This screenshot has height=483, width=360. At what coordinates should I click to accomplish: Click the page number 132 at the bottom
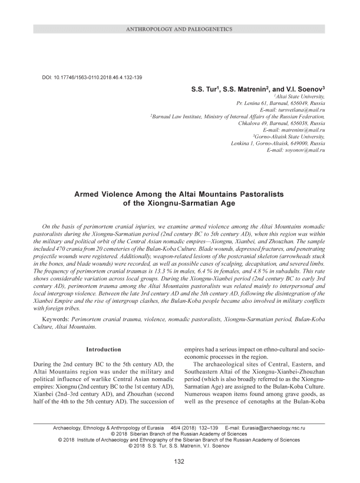click(x=180, y=461)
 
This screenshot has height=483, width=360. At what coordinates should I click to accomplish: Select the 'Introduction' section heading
click(x=104, y=349)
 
